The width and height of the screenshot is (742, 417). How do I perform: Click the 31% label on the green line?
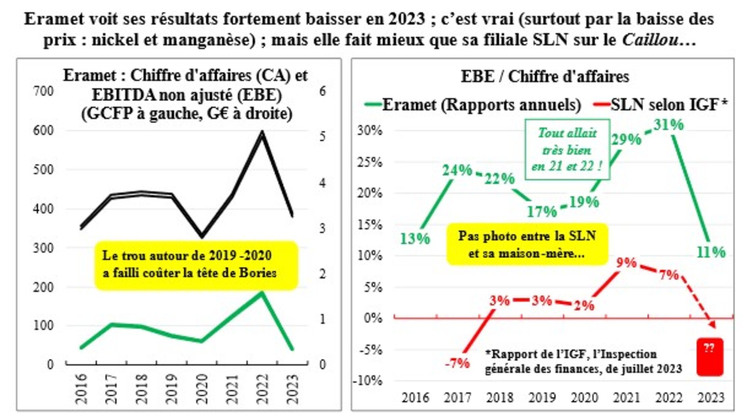(668, 125)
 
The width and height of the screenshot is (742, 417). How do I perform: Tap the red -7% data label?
(457, 363)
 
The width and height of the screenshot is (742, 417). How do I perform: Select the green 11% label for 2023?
(711, 252)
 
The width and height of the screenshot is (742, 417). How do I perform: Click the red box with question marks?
(710, 357)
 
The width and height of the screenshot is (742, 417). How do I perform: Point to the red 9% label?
(626, 263)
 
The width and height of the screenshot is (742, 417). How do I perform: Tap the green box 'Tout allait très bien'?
(567, 149)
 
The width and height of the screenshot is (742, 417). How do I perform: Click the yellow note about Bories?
(196, 265)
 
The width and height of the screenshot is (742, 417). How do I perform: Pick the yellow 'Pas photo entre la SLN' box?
(527, 244)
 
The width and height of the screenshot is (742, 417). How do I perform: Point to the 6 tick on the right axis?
(322, 91)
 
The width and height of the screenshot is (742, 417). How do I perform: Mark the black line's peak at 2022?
(262, 133)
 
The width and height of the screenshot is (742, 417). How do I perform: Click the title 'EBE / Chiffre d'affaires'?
(545, 77)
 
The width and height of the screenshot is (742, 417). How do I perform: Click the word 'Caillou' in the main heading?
(650, 40)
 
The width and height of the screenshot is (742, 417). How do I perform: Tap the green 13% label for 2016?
(415, 239)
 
